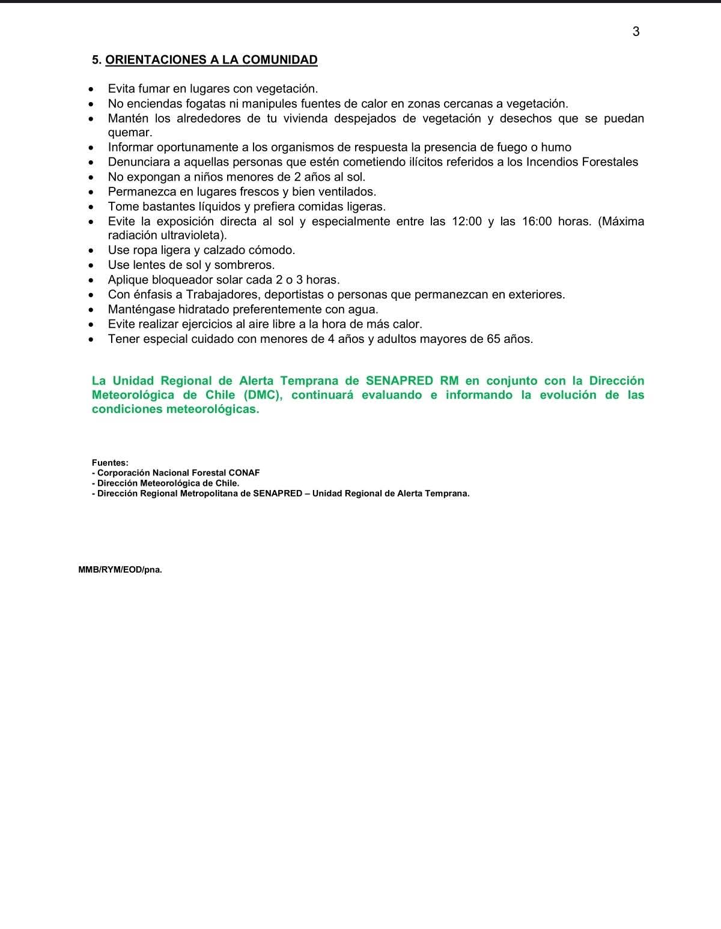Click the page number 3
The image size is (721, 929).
(636, 32)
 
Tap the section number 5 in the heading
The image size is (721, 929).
(96, 60)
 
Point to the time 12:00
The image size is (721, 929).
(466, 222)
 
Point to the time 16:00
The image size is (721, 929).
(537, 222)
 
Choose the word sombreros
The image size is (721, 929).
(244, 265)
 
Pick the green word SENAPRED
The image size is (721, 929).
(399, 381)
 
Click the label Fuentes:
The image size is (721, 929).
(110, 463)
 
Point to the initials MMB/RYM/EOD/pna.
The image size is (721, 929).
(120, 570)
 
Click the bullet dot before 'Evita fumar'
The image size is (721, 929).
(91, 89)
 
